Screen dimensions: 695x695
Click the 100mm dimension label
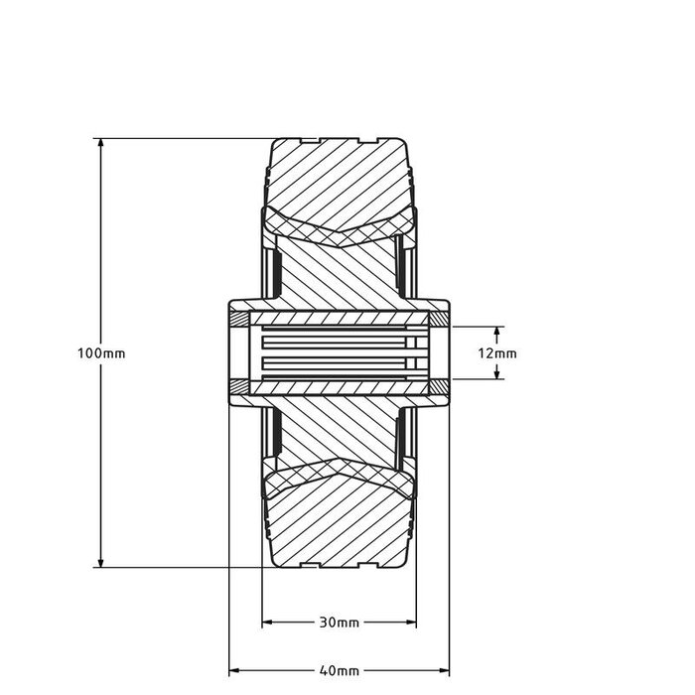100,353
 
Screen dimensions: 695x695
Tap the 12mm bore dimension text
496,352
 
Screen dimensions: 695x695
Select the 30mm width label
339,624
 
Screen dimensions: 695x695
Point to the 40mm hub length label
339,671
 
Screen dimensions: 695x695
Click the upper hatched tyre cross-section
338,179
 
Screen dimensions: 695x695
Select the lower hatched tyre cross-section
338,526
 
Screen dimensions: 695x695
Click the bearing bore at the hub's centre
338,352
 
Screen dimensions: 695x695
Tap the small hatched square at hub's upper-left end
240,320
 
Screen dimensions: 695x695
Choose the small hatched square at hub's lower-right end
437,385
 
